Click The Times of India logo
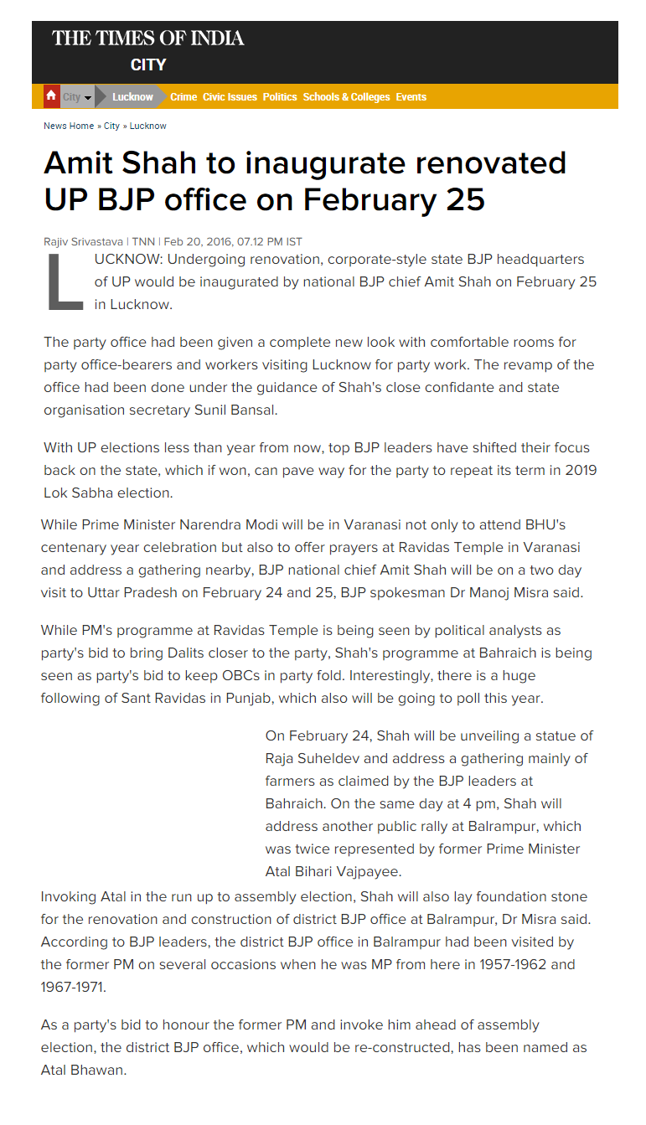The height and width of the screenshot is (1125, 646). pos(148,38)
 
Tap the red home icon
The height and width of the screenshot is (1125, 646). pos(51,96)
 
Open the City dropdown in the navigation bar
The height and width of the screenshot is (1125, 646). pos(76,97)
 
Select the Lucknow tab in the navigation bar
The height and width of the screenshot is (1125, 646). pos(132,97)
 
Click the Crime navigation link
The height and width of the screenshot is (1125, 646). pos(183,97)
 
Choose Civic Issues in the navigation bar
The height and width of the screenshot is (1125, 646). pos(230,97)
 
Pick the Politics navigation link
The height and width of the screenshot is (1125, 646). pos(280,97)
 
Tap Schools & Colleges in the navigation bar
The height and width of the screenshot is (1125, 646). pos(346,97)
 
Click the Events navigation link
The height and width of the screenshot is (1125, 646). pos(411,97)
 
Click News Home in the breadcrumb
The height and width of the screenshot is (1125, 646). pos(69,126)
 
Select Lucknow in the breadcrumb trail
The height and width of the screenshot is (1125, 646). pos(148,126)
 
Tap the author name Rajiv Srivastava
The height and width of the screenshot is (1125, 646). pos(83,241)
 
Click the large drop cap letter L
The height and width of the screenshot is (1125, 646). pos(65,282)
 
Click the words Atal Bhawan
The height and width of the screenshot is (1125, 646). pos(83,1070)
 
